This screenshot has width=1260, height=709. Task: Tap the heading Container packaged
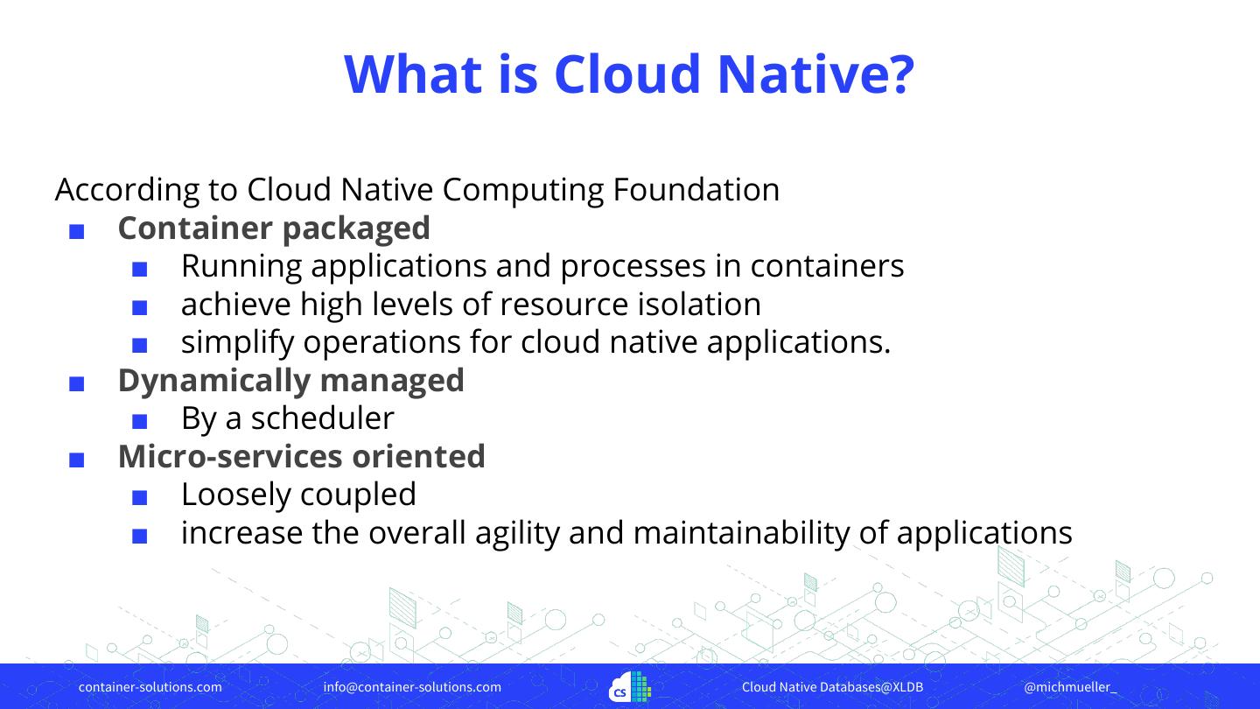274,228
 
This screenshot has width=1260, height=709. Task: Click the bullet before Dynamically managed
76,383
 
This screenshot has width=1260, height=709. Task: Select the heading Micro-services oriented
301,456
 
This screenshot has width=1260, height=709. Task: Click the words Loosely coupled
298,495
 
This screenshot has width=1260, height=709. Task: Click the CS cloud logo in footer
630,687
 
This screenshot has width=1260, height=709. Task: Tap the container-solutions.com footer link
150,687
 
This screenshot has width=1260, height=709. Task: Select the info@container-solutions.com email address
412,687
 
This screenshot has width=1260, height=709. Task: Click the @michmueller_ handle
1070,687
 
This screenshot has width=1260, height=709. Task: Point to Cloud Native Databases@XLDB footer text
832,687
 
